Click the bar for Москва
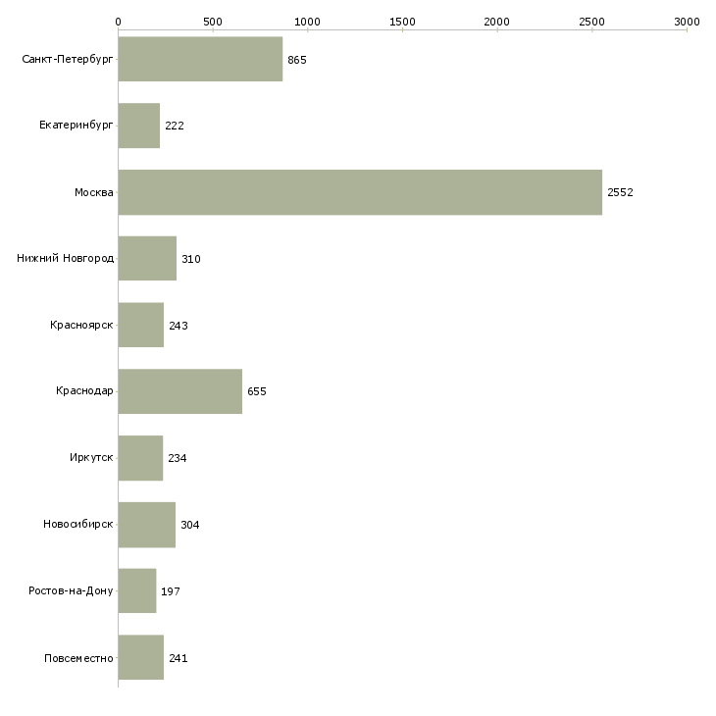pos(360,192)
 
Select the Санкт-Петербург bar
pos(200,60)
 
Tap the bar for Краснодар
pos(179,391)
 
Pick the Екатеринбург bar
pos(138,126)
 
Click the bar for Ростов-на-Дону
pos(136,591)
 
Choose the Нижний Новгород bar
pos(147,259)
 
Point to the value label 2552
pos(620,192)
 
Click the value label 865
pos(297,60)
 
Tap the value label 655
pos(257,391)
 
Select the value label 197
pos(171,591)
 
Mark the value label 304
pos(190,525)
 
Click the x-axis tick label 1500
pos(402,21)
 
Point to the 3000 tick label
pos(687,21)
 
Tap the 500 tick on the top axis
pos(213,21)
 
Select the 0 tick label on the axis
pos(118,21)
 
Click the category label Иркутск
pos(90,458)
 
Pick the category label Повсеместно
pos(78,658)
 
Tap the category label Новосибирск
pos(78,525)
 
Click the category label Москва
pos(94,192)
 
